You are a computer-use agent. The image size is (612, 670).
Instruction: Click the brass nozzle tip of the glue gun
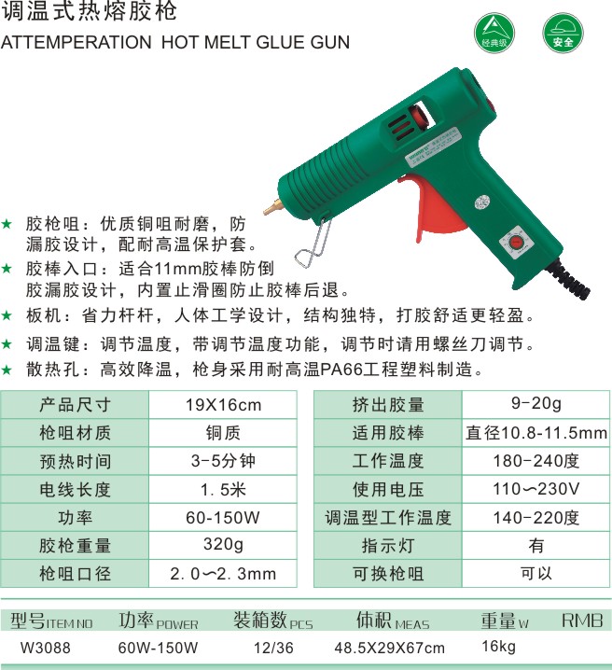(272, 208)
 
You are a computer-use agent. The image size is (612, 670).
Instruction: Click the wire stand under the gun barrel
(313, 244)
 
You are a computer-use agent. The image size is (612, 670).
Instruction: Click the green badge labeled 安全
(563, 33)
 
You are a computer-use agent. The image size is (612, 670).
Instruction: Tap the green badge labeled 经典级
(494, 33)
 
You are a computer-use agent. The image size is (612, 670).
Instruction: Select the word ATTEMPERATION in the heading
(76, 42)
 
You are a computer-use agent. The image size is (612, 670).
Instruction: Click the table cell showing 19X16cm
(223, 405)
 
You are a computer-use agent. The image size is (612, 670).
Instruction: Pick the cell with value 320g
(223, 545)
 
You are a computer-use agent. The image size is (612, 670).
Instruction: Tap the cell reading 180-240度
(536, 461)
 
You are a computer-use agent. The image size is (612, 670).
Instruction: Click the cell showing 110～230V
(536, 489)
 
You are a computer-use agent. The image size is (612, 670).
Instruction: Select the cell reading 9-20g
(536, 405)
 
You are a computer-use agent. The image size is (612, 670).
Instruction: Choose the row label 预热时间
(76, 461)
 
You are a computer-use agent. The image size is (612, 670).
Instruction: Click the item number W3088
(46, 648)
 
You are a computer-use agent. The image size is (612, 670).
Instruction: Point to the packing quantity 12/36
(273, 648)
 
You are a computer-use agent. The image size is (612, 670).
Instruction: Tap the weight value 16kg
(498, 647)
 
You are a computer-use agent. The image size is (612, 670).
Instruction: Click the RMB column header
(582, 621)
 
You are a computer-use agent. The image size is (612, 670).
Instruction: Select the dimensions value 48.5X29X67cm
(389, 648)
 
